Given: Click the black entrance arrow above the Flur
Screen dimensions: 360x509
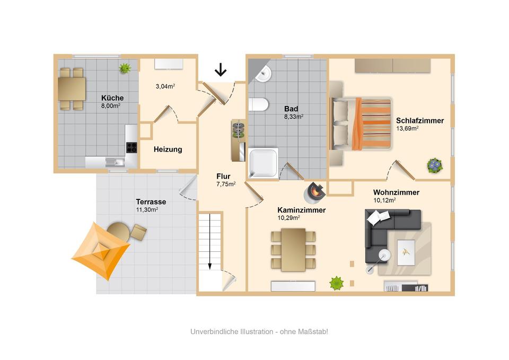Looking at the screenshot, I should pyautogui.click(x=220, y=69).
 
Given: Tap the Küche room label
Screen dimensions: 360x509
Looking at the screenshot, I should pyautogui.click(x=112, y=98).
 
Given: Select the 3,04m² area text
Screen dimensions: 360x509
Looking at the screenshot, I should pyautogui.click(x=165, y=86).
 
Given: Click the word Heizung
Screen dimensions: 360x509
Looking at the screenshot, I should pyautogui.click(x=168, y=150).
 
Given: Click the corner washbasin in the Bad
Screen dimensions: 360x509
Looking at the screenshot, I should pyautogui.click(x=263, y=74).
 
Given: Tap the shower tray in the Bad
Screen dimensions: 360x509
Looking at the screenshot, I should pyautogui.click(x=264, y=162).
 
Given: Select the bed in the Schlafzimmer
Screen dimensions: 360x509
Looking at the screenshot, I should pyautogui.click(x=361, y=123).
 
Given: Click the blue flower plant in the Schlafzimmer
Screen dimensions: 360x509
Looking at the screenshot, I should pyautogui.click(x=435, y=165).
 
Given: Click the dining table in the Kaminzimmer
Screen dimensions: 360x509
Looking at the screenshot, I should pyautogui.click(x=293, y=249).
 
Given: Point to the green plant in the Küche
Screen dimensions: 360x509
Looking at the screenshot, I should pyautogui.click(x=125, y=68).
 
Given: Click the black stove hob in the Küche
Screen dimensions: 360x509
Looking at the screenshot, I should pyautogui.click(x=131, y=147).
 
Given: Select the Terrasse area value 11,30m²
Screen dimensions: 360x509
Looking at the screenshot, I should pyautogui.click(x=147, y=209).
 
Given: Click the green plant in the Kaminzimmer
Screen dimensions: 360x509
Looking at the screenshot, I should pyautogui.click(x=336, y=283).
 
